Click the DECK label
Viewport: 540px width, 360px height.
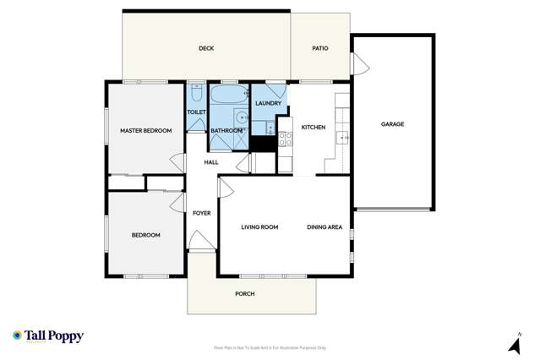[x=206, y=49]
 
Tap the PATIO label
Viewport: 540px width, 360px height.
[x=319, y=49]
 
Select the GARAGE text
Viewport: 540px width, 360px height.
[x=392, y=124]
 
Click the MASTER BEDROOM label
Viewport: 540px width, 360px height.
[x=145, y=131]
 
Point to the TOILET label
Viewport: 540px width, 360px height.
[x=196, y=112]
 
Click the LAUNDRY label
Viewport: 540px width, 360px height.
[x=268, y=103]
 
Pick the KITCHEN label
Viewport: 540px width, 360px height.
[x=314, y=127]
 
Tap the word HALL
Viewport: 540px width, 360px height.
[x=211, y=162]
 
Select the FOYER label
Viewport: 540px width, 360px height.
[x=201, y=213]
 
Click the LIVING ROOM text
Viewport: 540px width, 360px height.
[x=259, y=226]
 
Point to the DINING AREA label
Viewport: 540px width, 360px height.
[x=325, y=226]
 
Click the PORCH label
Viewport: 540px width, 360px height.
[x=244, y=293]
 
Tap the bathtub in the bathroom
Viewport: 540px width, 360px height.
[x=227, y=94]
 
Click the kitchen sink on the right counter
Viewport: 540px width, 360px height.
[x=342, y=137]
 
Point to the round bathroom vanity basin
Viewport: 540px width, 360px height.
[x=241, y=117]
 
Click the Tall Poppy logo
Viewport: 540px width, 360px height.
[x=48, y=336]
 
